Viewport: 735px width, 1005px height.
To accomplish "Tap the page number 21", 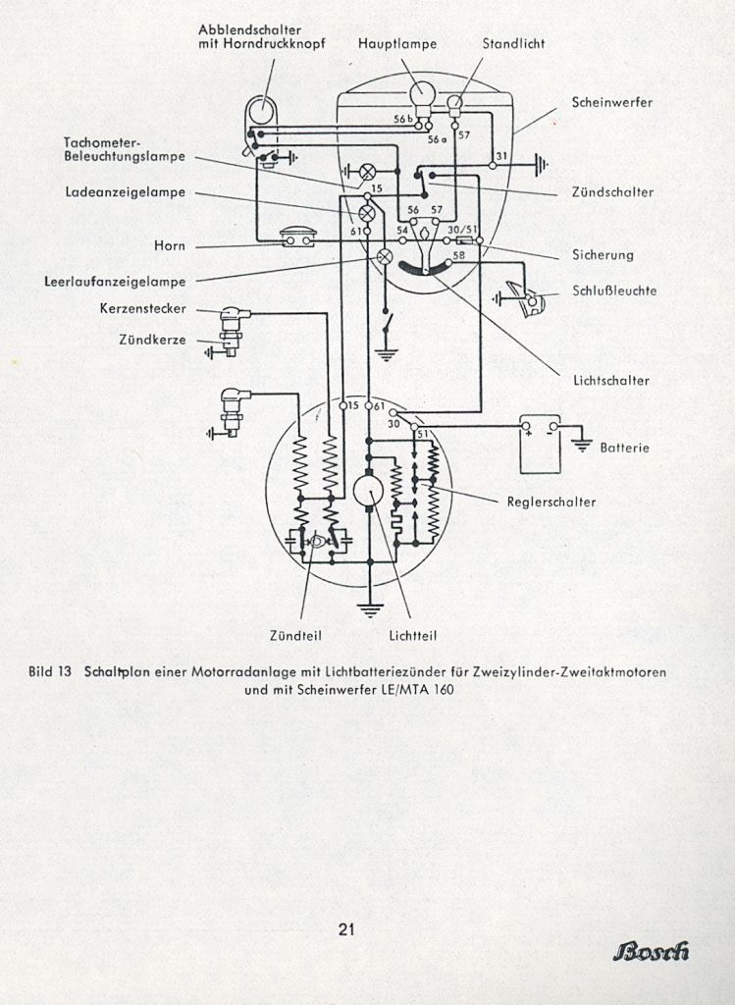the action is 346,929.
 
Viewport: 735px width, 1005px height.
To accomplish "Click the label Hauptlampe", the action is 397,43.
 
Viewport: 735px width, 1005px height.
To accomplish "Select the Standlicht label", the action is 513,43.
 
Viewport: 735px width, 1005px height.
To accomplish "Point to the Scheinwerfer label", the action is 612,102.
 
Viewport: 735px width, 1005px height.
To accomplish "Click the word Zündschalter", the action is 612,191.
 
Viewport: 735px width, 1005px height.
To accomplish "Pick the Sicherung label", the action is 603,255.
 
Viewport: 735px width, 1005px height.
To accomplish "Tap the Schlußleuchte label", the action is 614,291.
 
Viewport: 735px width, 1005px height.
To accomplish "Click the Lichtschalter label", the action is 611,380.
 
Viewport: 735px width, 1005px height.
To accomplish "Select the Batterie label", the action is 624,448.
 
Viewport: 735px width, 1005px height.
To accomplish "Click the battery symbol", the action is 540,444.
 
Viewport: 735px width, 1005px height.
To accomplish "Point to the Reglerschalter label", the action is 551,502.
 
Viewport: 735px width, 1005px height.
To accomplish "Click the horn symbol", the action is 298,238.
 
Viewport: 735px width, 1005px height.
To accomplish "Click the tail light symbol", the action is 528,299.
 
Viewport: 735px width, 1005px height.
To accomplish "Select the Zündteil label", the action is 295,636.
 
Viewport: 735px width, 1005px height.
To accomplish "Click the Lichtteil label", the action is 413,636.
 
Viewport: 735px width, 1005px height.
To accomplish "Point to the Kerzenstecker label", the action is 143,308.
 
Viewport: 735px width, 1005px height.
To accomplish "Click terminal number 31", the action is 501,156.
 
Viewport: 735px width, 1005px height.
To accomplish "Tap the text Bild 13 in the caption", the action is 49,671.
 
